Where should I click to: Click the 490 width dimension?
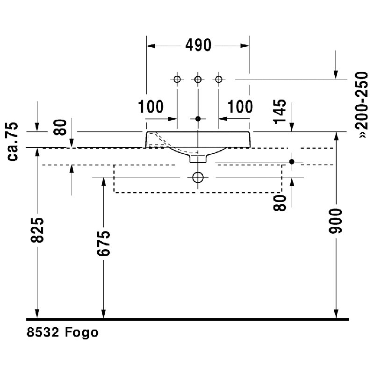(198, 45)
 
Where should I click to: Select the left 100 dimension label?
(151, 107)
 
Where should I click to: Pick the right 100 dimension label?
(240, 107)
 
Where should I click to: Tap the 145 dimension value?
(280, 111)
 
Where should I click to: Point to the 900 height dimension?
(335, 221)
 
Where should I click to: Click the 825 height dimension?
(37, 230)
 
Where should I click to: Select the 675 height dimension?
(103, 243)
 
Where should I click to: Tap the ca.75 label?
(13, 142)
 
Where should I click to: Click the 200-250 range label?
(362, 104)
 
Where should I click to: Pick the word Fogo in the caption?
(81, 332)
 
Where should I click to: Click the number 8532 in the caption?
(43, 332)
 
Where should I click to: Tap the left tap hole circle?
(177, 79)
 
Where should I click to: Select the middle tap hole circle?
(198, 79)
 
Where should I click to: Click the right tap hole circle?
(219, 79)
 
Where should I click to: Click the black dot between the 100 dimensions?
(198, 119)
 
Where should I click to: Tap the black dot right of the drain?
(292, 162)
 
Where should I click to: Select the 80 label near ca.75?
(60, 127)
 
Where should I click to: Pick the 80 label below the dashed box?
(280, 203)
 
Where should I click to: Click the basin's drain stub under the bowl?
(198, 158)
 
